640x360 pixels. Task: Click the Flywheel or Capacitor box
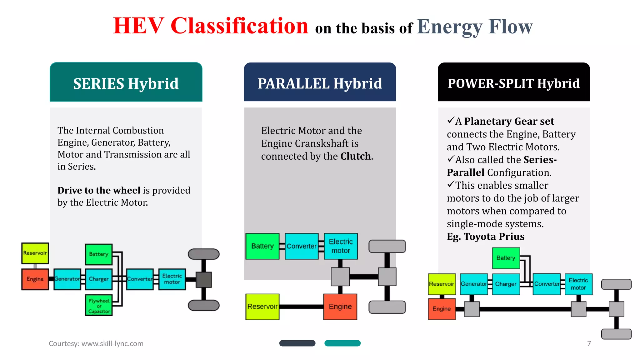99,305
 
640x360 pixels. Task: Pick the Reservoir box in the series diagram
35,253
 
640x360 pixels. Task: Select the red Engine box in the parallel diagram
340,307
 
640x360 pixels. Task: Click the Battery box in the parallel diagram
262,246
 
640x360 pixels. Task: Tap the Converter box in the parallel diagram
302,246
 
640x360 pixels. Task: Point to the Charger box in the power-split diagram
506,284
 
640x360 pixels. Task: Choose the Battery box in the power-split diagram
506,258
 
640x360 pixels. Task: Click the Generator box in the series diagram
67,279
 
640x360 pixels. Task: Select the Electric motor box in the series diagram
172,279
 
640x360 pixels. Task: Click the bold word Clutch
356,156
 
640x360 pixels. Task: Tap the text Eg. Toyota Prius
485,237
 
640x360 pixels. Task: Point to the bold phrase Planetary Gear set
509,121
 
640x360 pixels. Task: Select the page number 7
589,343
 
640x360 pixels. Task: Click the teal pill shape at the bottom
342,343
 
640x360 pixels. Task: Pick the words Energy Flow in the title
474,27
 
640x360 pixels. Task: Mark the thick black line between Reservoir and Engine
301,307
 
